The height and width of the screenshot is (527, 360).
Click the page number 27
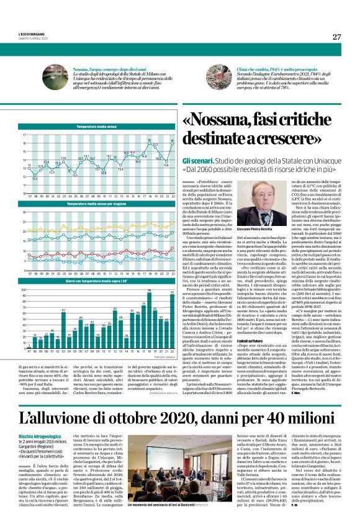coord(336,37)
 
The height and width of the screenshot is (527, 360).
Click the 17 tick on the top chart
coord(24,135)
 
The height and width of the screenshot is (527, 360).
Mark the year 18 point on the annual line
coord(150,143)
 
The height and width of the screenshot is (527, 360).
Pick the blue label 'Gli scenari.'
coord(200,160)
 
